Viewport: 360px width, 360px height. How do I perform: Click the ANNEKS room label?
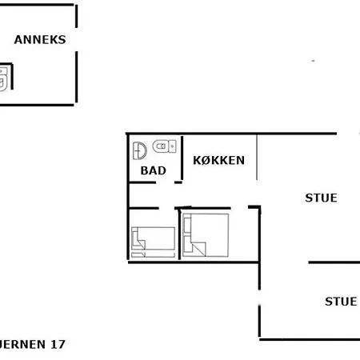(x=40, y=38)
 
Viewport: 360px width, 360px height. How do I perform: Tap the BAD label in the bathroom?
(x=153, y=170)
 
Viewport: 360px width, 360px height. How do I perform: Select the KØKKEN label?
(x=219, y=159)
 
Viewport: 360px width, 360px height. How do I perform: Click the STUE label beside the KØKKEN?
(x=321, y=198)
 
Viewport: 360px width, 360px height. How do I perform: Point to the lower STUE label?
(x=341, y=302)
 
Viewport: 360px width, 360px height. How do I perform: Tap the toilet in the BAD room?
(x=164, y=146)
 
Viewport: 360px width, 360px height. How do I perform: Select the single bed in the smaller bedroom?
(x=153, y=239)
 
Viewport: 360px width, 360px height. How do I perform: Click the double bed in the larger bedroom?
(x=206, y=235)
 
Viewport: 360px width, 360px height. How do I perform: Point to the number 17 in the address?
(x=57, y=345)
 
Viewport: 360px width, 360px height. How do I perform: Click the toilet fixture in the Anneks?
(x=3, y=78)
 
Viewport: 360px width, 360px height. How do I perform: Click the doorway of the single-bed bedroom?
(x=152, y=208)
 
